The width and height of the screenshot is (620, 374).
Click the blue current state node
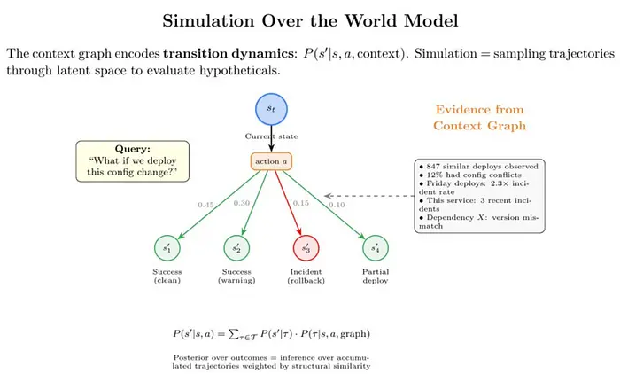coord(270,108)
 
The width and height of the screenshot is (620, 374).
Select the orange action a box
coord(270,161)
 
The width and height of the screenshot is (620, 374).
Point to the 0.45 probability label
coord(205,206)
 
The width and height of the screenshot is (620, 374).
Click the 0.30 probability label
coord(240,203)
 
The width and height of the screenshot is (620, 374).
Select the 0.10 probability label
coord(337,206)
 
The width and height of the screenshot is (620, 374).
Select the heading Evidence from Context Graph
coord(479,118)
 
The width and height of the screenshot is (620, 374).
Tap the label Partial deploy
coord(376,277)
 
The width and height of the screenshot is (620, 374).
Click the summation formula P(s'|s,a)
coord(271,333)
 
